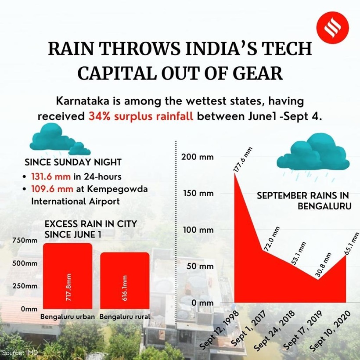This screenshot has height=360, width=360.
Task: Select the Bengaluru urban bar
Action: [x=68, y=277]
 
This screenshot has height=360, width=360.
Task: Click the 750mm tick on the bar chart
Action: [x=25, y=240]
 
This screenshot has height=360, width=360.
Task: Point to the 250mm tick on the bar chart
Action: [x=25, y=286]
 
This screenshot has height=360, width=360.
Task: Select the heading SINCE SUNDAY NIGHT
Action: [x=73, y=162]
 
